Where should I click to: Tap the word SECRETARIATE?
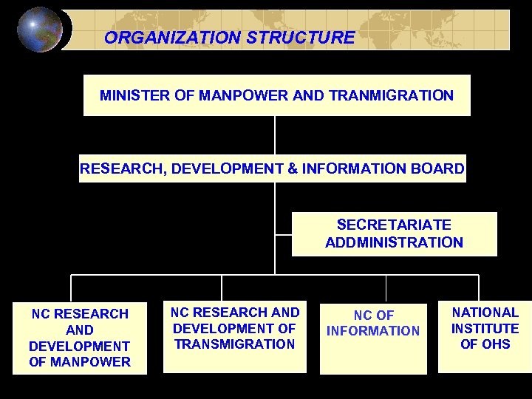[394, 225]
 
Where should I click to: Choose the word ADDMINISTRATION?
[394, 242]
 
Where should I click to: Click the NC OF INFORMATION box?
[373, 337]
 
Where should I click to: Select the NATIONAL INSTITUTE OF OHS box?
[485, 332]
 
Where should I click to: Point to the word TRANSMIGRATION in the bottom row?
[235, 344]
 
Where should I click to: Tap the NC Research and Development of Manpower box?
[80, 338]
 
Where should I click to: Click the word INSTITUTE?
[485, 328]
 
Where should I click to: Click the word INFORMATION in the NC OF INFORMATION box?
[373, 331]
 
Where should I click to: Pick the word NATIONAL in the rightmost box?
[485, 313]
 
